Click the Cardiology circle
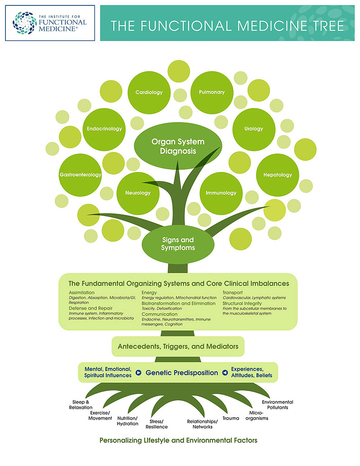tap(149, 92)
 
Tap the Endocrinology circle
tap(104, 129)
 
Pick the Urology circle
tap(254, 129)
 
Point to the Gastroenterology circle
tap(80, 175)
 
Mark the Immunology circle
tap(221, 193)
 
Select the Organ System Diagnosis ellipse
tap(178, 146)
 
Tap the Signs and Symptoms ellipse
tap(178, 244)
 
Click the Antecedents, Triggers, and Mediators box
tap(178, 347)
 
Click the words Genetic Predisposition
tap(182, 373)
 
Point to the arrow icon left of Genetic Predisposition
tap(139, 373)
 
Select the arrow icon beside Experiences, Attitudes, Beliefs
tap(225, 373)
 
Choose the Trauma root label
tap(231, 418)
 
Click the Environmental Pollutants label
tap(278, 405)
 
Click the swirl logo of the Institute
tap(24, 23)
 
